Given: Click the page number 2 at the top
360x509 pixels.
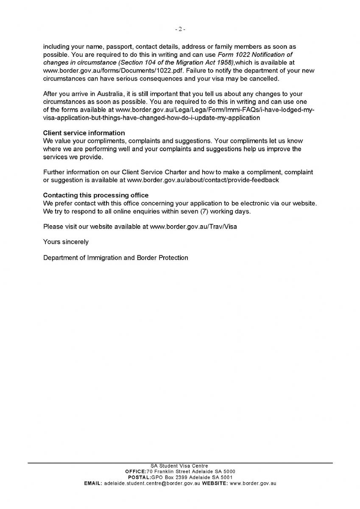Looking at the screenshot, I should (180, 29).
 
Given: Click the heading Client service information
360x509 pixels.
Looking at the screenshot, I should (84, 133).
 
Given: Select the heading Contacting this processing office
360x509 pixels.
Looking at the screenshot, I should (96, 195).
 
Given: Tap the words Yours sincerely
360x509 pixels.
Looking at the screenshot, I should (66, 242).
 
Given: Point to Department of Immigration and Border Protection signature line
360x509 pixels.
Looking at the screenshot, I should (115, 257).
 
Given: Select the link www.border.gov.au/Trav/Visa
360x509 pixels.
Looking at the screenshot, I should (193, 227).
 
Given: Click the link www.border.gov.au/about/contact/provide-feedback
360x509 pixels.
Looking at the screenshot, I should (203, 180).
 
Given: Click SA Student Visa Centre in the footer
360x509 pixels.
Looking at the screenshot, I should (180, 466).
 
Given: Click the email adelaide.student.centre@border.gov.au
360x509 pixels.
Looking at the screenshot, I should (152, 483).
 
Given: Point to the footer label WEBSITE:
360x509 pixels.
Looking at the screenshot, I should (215, 483).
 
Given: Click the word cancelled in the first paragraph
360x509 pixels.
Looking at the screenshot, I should (264, 78).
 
